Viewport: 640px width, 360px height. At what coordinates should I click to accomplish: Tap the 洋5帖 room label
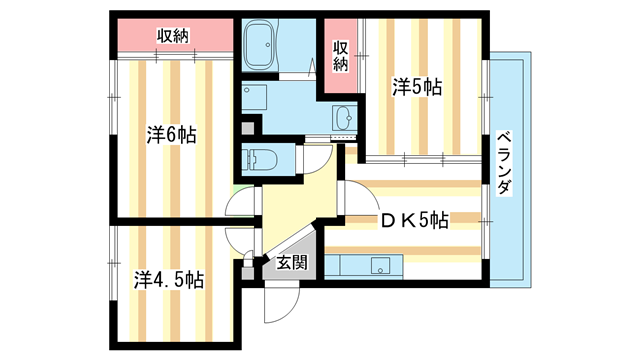click(x=416, y=88)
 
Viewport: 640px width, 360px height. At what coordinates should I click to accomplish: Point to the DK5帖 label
click(x=411, y=220)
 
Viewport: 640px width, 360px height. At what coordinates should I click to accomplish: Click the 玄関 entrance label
click(x=292, y=264)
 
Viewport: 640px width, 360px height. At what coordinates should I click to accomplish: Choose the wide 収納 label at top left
click(x=173, y=36)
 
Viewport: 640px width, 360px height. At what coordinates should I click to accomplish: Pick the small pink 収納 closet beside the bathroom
click(x=340, y=55)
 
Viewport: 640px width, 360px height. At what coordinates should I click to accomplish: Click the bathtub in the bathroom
click(x=269, y=45)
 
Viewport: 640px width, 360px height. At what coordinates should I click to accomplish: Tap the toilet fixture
click(x=263, y=160)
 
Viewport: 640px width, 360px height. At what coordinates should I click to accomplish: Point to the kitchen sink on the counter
click(x=380, y=266)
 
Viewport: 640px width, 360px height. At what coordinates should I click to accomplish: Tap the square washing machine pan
click(x=257, y=98)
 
